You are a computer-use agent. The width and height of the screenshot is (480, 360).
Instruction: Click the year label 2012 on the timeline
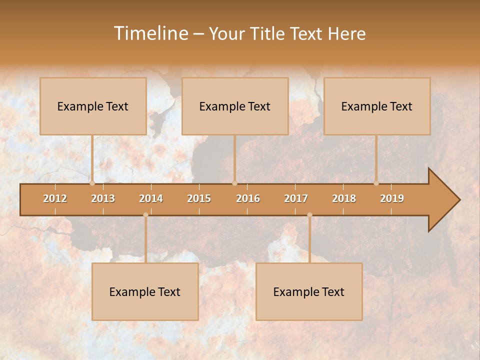[x=55, y=198]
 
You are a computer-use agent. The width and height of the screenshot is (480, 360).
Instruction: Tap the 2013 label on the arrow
[x=103, y=198]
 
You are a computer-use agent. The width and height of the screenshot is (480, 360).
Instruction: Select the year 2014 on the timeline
[x=151, y=198]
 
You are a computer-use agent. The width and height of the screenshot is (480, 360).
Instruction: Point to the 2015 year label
[x=199, y=198]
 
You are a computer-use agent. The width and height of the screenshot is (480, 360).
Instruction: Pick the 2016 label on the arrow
[x=248, y=198]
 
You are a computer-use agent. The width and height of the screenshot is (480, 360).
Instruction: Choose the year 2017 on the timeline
[x=296, y=198]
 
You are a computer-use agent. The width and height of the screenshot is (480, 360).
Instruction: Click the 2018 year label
[x=344, y=198]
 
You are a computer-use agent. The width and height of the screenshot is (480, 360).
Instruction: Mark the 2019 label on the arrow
[x=392, y=198]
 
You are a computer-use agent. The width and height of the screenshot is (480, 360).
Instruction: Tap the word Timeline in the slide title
[x=150, y=33]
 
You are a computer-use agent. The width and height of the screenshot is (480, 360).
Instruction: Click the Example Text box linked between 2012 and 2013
[x=93, y=106]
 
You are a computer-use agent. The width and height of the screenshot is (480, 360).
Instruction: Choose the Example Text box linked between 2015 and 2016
[x=235, y=106]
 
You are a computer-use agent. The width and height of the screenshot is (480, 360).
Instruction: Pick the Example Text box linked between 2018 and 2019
[x=377, y=106]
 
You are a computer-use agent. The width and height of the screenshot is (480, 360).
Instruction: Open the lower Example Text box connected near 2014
[x=145, y=291]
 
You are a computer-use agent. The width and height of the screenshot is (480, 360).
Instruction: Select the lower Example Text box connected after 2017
[x=309, y=291]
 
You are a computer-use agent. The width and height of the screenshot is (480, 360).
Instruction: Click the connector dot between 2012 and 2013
[x=92, y=183]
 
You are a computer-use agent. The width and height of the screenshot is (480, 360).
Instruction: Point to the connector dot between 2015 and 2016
[x=234, y=183]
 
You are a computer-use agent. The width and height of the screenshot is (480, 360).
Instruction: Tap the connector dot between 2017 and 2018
[x=309, y=215]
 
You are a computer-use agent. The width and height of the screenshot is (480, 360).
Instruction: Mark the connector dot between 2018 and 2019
[x=376, y=183]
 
